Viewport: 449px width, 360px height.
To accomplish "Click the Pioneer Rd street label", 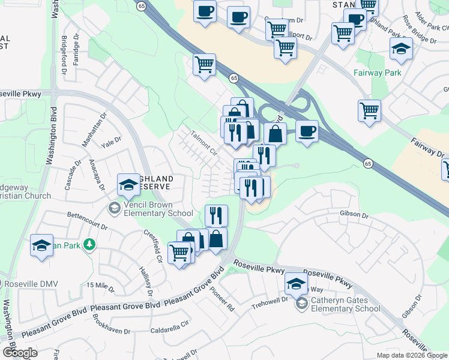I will pyautogui.click(x=221, y=298).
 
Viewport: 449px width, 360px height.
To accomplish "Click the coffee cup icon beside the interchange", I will pyautogui.click(x=307, y=131).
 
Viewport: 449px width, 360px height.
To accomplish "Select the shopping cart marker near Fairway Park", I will pyautogui.click(x=369, y=111).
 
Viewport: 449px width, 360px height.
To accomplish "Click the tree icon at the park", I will pyautogui.click(x=89, y=244).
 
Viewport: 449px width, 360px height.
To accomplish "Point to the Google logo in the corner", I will pyautogui.click(x=20, y=353).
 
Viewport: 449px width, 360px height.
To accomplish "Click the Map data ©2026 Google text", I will pyautogui.click(x=412, y=355).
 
